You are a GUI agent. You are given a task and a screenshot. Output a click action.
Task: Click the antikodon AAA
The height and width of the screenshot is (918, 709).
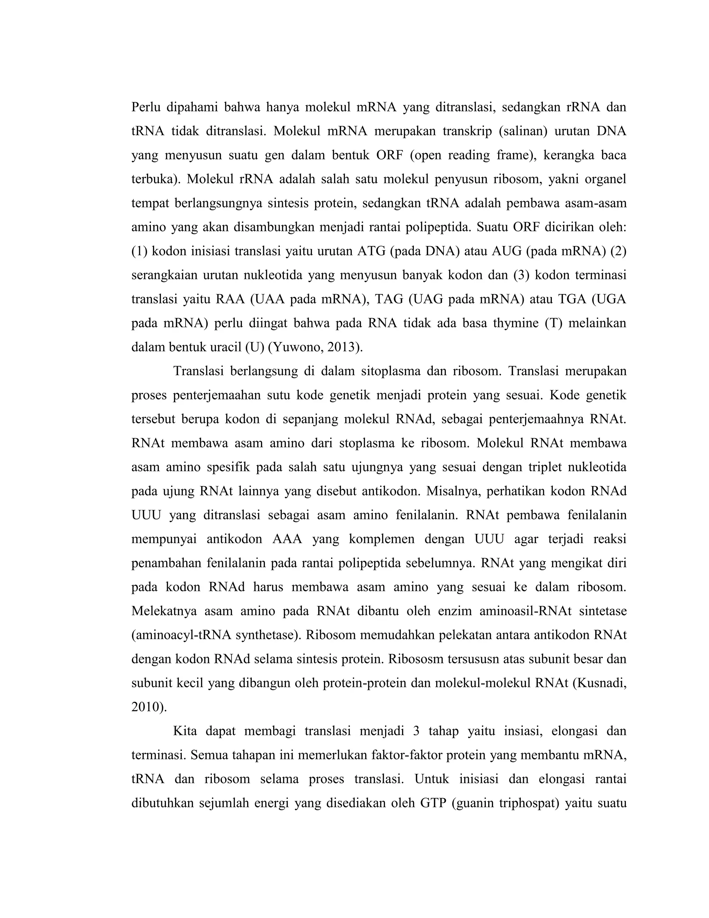tap(287, 539)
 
